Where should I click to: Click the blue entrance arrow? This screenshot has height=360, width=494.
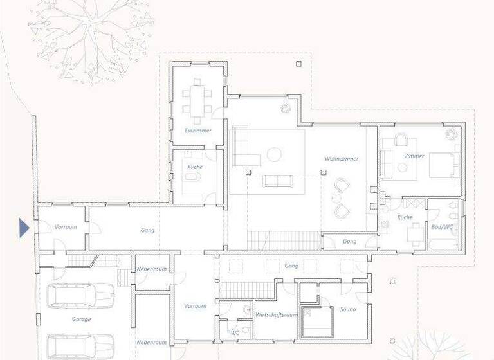pos(24,228)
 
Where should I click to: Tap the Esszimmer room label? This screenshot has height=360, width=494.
pos(197,130)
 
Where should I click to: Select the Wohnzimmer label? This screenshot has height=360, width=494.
pos(341,158)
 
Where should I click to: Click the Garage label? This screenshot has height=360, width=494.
pos(81,319)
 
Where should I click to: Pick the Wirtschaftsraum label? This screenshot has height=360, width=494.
pos(276,315)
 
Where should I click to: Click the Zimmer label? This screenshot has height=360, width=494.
pos(414,156)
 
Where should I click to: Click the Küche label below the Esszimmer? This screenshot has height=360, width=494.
pos(195,166)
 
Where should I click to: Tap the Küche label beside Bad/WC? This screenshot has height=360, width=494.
pos(405,218)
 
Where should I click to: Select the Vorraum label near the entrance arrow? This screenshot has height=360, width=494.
pos(65,227)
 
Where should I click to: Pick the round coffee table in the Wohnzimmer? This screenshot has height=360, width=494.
pos(275,154)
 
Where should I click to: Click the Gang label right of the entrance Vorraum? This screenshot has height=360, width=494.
pos(147,230)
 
